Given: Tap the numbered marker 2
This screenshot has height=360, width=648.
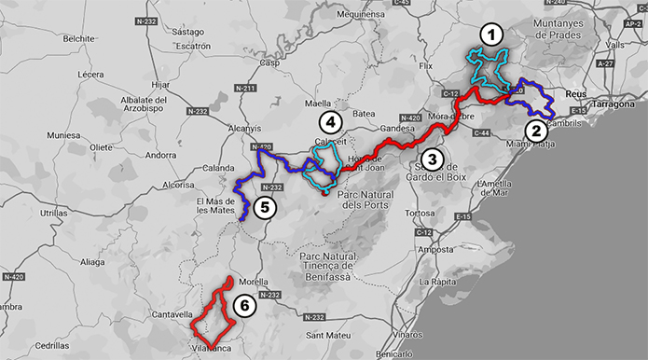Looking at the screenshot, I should point(534,130).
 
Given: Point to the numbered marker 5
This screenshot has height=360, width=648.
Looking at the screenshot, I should point(264,207).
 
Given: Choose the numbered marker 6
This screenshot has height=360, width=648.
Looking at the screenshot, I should point(243,305).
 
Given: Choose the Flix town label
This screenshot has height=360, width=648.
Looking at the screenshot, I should point(427,67).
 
